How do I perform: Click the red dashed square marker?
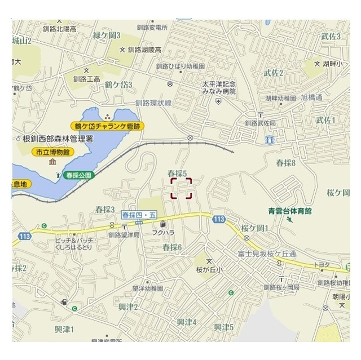point(182,189)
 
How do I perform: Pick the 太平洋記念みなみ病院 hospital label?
point(219,87)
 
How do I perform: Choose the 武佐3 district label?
point(331,36)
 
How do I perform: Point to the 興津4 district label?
point(186,322)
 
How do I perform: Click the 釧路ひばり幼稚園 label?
point(181,66)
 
